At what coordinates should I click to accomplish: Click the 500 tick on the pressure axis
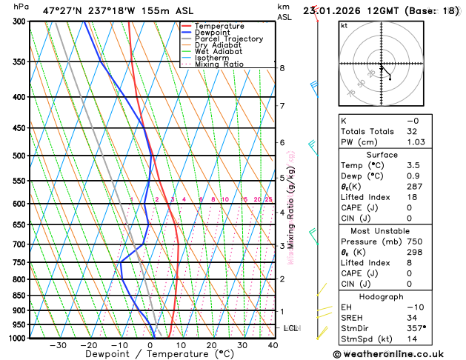pyautogui.click(x=18, y=156)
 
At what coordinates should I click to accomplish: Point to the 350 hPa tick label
pyautogui.click(x=18, y=62)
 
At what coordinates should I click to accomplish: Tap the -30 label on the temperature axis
pyautogui.click(x=58, y=345)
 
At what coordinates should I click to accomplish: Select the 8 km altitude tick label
pyautogui.click(x=282, y=68)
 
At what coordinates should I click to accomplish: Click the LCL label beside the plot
pyautogui.click(x=291, y=327)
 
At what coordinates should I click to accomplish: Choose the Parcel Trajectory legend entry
pyautogui.click(x=228, y=39)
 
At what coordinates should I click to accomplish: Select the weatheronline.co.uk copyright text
pyautogui.click(x=398, y=354)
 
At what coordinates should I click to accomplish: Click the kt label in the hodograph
pyautogui.click(x=344, y=25)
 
